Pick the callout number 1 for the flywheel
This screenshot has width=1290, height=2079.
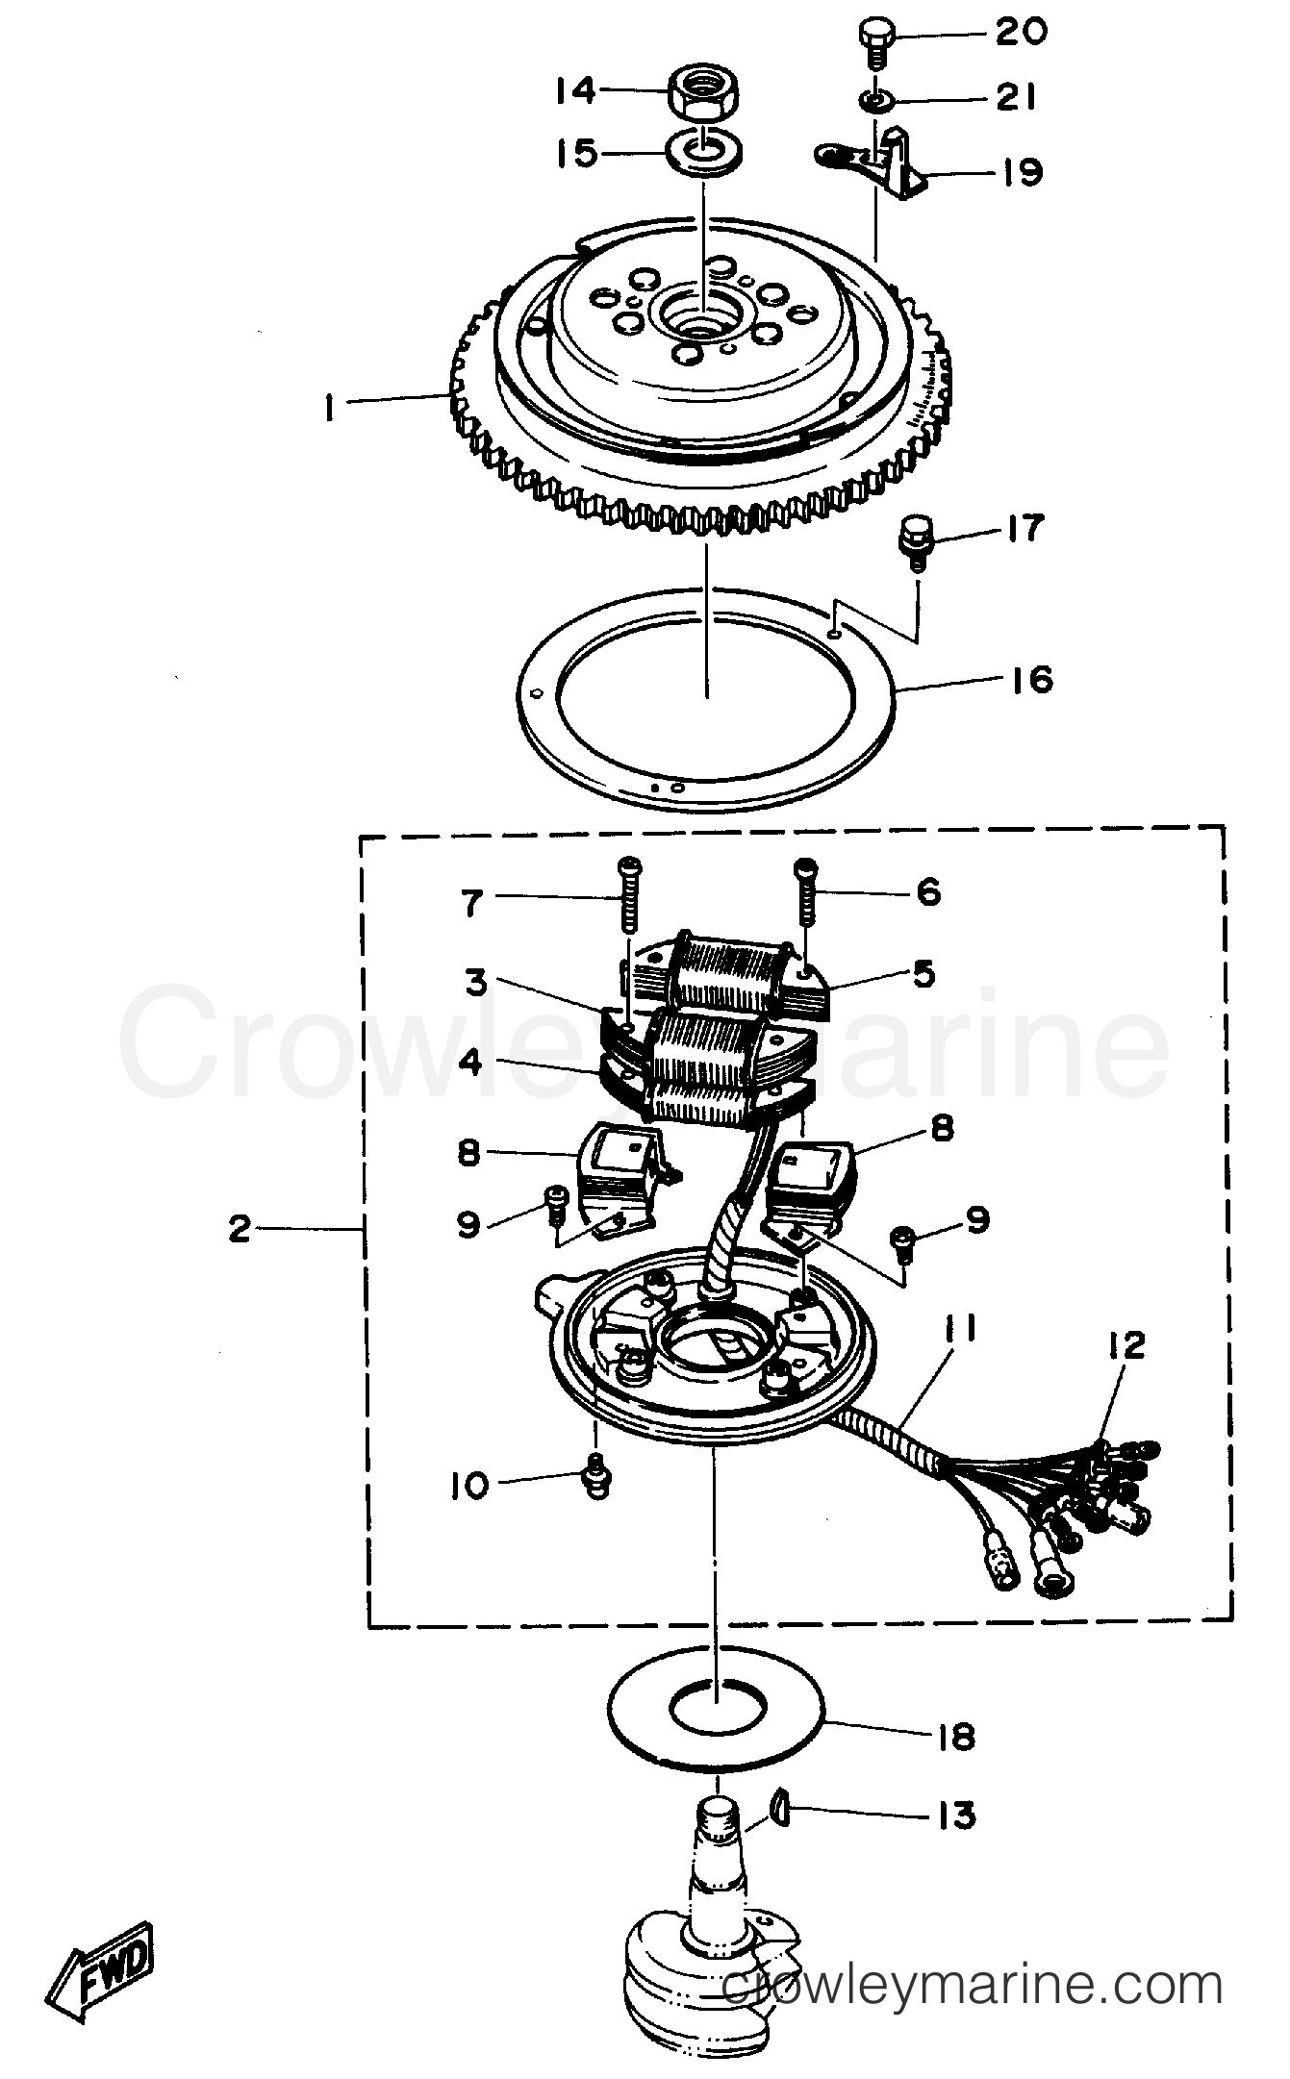[x=330, y=409]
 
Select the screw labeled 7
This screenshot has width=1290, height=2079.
[x=627, y=894]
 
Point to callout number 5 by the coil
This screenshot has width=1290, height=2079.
[x=923, y=973]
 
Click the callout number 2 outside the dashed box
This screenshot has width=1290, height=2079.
[x=240, y=1229]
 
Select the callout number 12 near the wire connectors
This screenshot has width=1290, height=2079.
[x=1127, y=1346]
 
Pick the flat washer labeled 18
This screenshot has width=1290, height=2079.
[x=716, y=1707]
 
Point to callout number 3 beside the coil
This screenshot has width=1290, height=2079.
[x=476, y=984]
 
